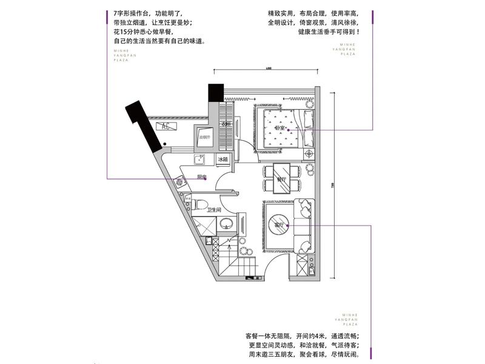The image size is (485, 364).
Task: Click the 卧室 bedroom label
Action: (x=279, y=129)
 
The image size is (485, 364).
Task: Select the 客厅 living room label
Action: (x=279, y=225)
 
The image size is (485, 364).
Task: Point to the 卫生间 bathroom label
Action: (x=213, y=210)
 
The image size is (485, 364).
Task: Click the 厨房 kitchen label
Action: (x=202, y=177)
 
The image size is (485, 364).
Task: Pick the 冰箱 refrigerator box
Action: (x=222, y=160)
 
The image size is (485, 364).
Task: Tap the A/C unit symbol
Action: (x=165, y=127)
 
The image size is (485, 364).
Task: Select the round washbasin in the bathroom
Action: (x=227, y=224)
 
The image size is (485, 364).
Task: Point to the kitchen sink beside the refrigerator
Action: (x=199, y=160)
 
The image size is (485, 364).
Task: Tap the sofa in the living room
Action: (x=303, y=226)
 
